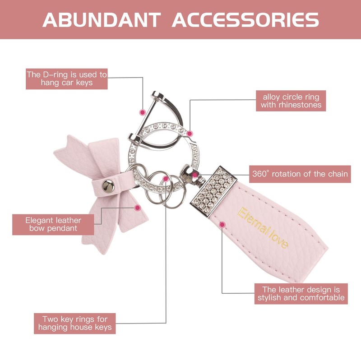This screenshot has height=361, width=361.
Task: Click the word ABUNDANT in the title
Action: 102,20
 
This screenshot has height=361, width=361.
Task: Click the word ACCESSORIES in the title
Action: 245,20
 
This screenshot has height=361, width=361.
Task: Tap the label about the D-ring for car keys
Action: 67,79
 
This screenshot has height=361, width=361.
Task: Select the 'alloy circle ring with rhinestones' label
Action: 291,101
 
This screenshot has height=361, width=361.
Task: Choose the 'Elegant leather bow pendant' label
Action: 53,224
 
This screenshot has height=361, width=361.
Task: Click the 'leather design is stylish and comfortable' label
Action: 301,293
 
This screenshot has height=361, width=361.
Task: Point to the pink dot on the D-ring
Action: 142,111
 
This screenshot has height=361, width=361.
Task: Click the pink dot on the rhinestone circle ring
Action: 190,134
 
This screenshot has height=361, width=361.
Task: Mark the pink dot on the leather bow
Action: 138,208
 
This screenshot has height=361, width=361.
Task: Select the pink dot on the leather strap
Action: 222,224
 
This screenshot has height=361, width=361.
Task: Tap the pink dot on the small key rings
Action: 166,179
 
